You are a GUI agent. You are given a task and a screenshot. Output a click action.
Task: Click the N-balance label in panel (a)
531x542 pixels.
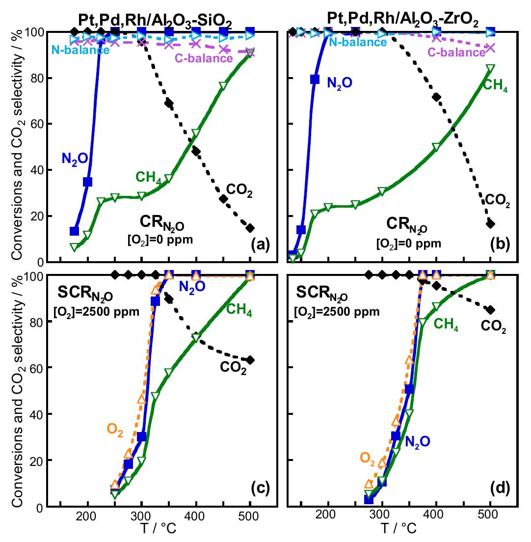[x=80, y=50]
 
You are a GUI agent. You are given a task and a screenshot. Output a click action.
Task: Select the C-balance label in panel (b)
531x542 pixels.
[x=456, y=53]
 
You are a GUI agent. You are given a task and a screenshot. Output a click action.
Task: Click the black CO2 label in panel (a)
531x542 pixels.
[x=239, y=190]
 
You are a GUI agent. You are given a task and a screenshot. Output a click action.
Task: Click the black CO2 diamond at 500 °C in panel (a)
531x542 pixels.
[x=250, y=228]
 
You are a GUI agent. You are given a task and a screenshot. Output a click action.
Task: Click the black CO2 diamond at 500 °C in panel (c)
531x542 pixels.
[x=250, y=360]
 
